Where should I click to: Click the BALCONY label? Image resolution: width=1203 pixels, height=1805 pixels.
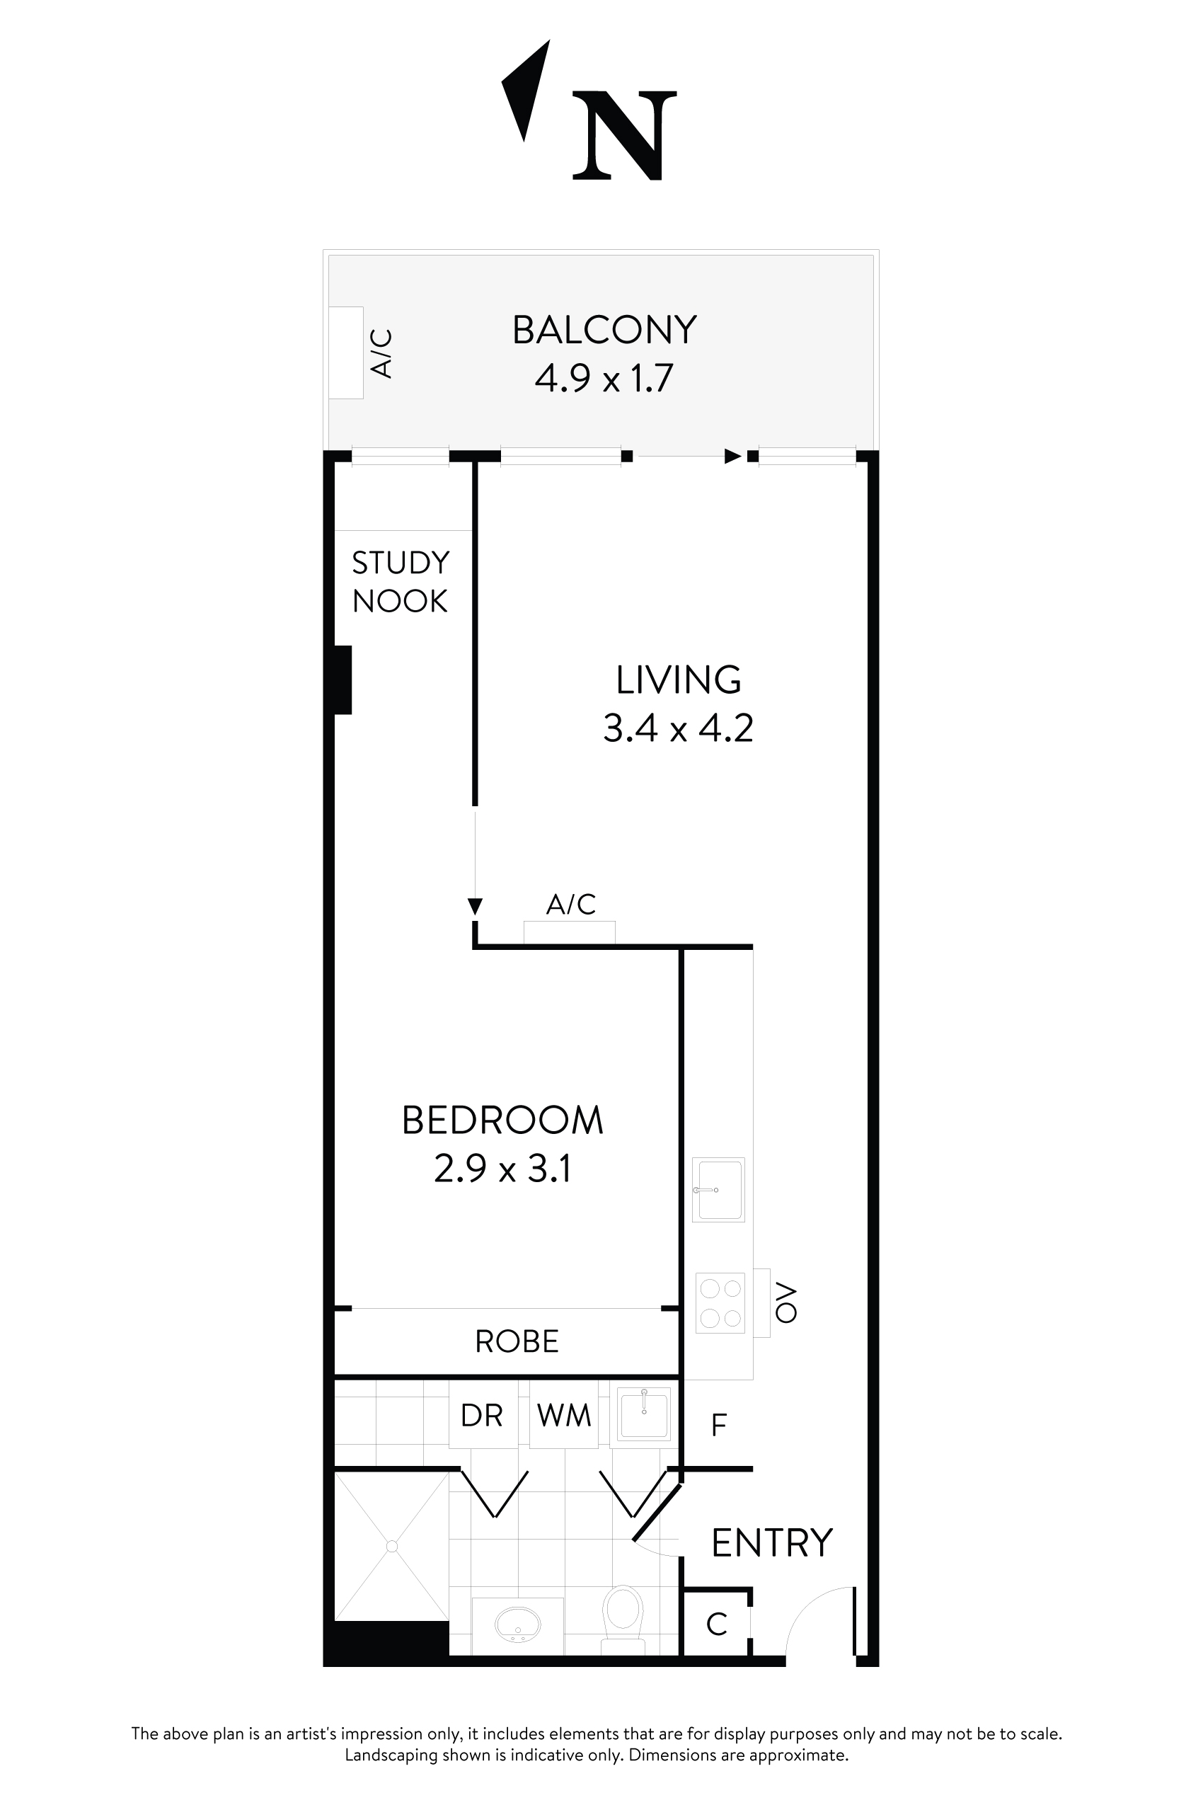pyautogui.click(x=604, y=330)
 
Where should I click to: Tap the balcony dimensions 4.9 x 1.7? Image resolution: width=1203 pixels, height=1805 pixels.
pyautogui.click(x=604, y=379)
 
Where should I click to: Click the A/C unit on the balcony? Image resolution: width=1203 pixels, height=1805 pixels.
pyautogui.click(x=346, y=353)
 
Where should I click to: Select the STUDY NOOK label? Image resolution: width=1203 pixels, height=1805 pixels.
pyautogui.click(x=400, y=583)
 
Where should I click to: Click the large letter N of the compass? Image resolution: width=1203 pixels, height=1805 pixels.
pyautogui.click(x=625, y=136)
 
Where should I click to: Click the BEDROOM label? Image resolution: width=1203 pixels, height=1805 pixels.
pyautogui.click(x=502, y=1121)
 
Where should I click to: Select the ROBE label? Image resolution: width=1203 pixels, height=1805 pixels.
pyautogui.click(x=517, y=1341)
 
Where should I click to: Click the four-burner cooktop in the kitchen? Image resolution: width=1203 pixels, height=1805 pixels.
pyautogui.click(x=720, y=1302)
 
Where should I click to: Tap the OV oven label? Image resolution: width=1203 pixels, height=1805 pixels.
pyautogui.click(x=786, y=1302)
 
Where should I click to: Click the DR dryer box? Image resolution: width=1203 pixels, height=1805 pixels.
pyautogui.click(x=482, y=1414)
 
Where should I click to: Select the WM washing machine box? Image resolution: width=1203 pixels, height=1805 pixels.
pyautogui.click(x=564, y=1414)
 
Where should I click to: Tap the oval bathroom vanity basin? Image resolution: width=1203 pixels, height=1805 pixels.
pyautogui.click(x=517, y=1624)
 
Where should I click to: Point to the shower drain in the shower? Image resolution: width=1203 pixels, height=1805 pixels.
pyautogui.click(x=392, y=1546)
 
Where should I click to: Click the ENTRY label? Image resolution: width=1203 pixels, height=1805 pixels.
pyautogui.click(x=771, y=1543)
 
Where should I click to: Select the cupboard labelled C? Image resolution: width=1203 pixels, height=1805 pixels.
pyautogui.click(x=716, y=1624)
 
